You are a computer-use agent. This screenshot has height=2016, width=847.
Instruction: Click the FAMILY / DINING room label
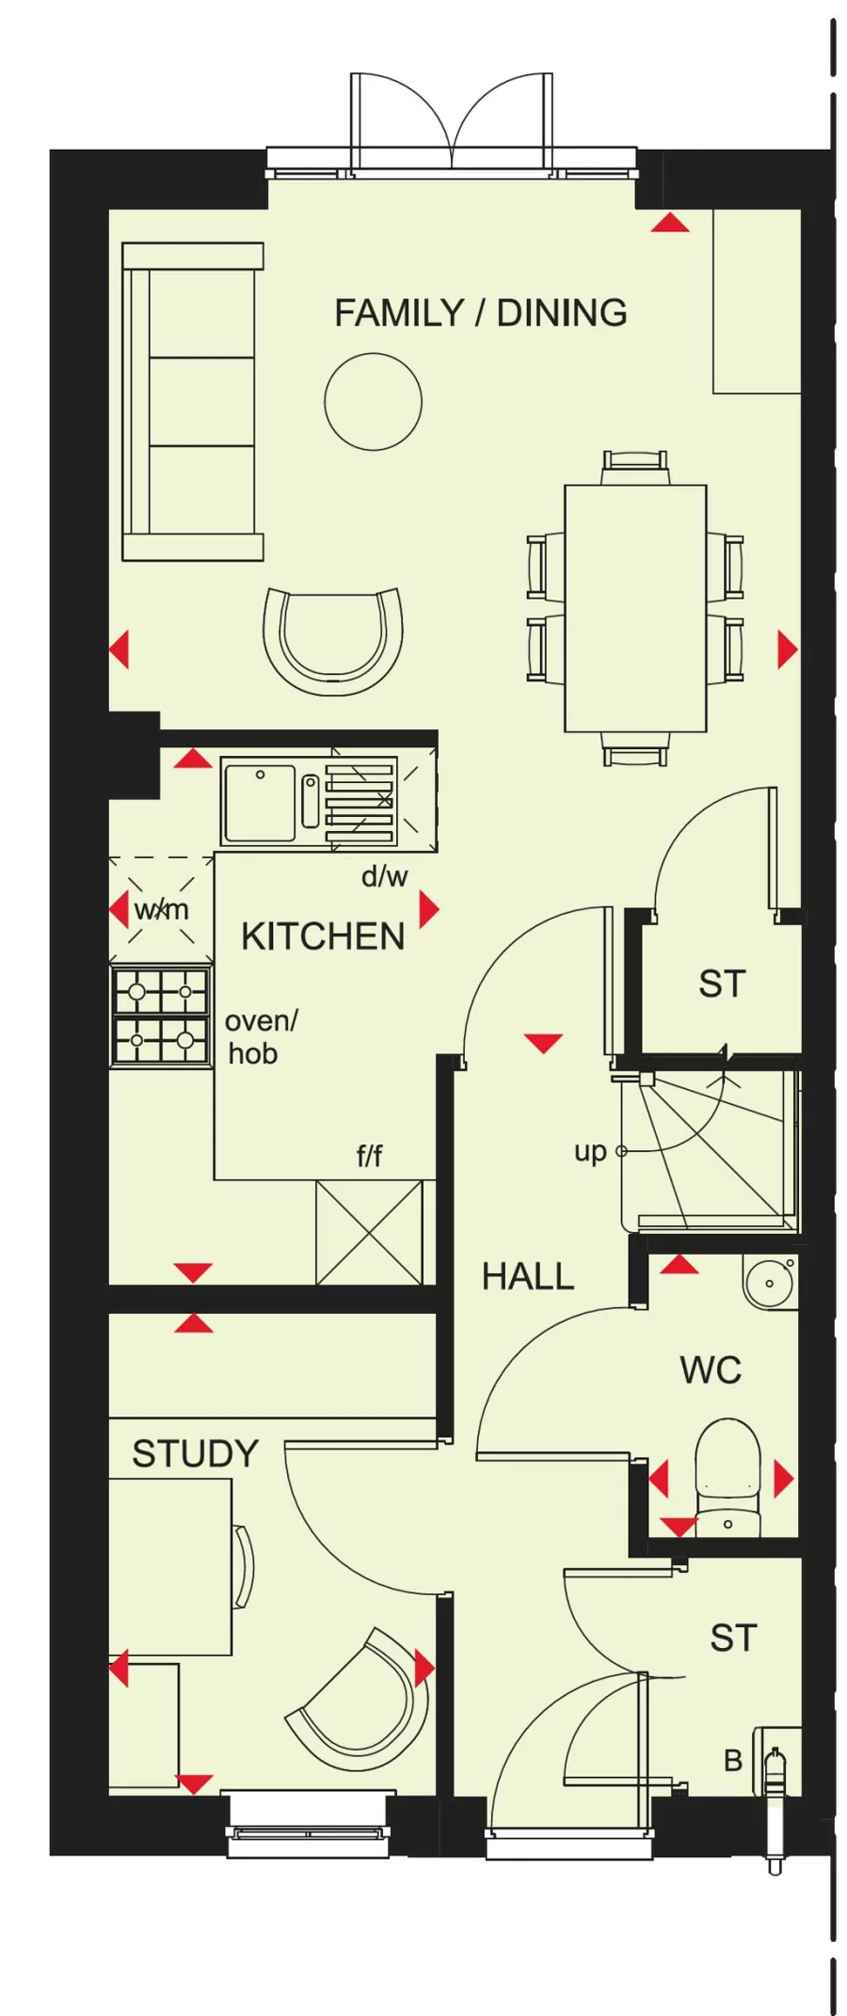(x=480, y=313)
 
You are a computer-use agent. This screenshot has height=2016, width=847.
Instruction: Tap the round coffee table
(x=373, y=402)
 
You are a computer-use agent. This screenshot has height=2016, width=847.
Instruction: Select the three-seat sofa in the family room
(x=193, y=402)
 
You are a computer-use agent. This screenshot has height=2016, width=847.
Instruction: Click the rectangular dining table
(x=635, y=608)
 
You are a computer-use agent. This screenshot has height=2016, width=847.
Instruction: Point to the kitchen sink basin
(x=260, y=803)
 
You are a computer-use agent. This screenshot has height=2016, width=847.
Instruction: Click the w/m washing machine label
(x=161, y=910)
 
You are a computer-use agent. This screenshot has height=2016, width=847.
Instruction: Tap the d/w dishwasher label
(x=384, y=876)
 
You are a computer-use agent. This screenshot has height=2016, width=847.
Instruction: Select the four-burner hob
(x=161, y=1016)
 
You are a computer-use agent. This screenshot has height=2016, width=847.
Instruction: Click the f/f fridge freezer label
(x=369, y=1155)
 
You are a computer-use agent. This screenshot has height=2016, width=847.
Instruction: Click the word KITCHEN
(x=323, y=937)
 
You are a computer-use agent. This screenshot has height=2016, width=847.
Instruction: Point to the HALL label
(x=527, y=1277)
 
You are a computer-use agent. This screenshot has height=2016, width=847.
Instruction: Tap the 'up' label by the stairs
(x=590, y=1151)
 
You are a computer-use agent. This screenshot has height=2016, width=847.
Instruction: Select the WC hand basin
(x=768, y=1282)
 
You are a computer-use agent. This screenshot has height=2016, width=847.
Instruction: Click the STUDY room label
(x=195, y=1454)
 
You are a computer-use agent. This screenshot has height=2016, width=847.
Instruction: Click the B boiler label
(x=733, y=1760)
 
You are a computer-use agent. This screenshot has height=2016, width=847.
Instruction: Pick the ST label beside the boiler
(x=733, y=1639)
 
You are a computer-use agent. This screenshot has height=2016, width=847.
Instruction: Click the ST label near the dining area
(x=722, y=984)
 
